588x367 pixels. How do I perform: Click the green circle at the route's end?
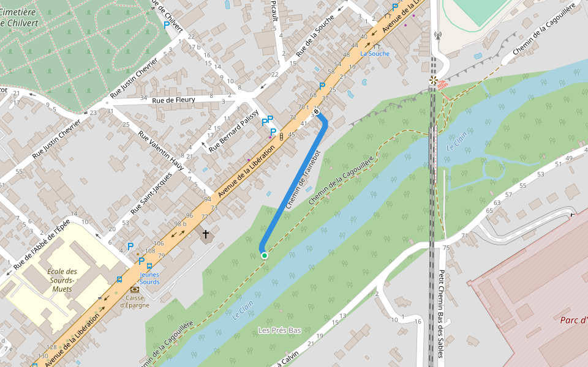(x=264, y=255)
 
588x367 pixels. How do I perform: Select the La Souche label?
(x=374, y=54)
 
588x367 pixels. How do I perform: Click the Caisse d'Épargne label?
(x=134, y=301)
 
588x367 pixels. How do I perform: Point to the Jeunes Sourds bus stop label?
(x=149, y=278)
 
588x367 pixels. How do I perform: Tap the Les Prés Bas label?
(x=279, y=330)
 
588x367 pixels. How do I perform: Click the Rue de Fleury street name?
(x=173, y=100)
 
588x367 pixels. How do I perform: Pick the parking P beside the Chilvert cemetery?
(x=167, y=25)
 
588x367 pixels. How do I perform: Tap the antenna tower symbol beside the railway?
(x=437, y=35)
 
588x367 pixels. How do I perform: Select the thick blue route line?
(x=294, y=183)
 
